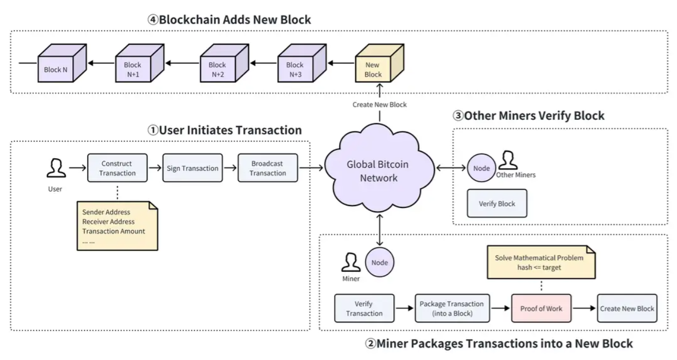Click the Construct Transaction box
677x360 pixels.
117,168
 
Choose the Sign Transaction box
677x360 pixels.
192,168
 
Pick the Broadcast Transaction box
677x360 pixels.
267,168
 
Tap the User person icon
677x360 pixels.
56,168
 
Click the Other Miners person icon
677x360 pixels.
508,160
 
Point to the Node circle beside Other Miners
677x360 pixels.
482,168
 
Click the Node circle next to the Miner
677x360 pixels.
379,262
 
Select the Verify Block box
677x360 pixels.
497,203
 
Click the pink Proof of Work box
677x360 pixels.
541,308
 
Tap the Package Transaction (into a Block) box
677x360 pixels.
452,308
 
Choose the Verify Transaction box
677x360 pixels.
364,308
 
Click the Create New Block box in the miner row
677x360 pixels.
627,308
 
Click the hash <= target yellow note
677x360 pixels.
540,262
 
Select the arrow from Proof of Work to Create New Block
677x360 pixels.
584,308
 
